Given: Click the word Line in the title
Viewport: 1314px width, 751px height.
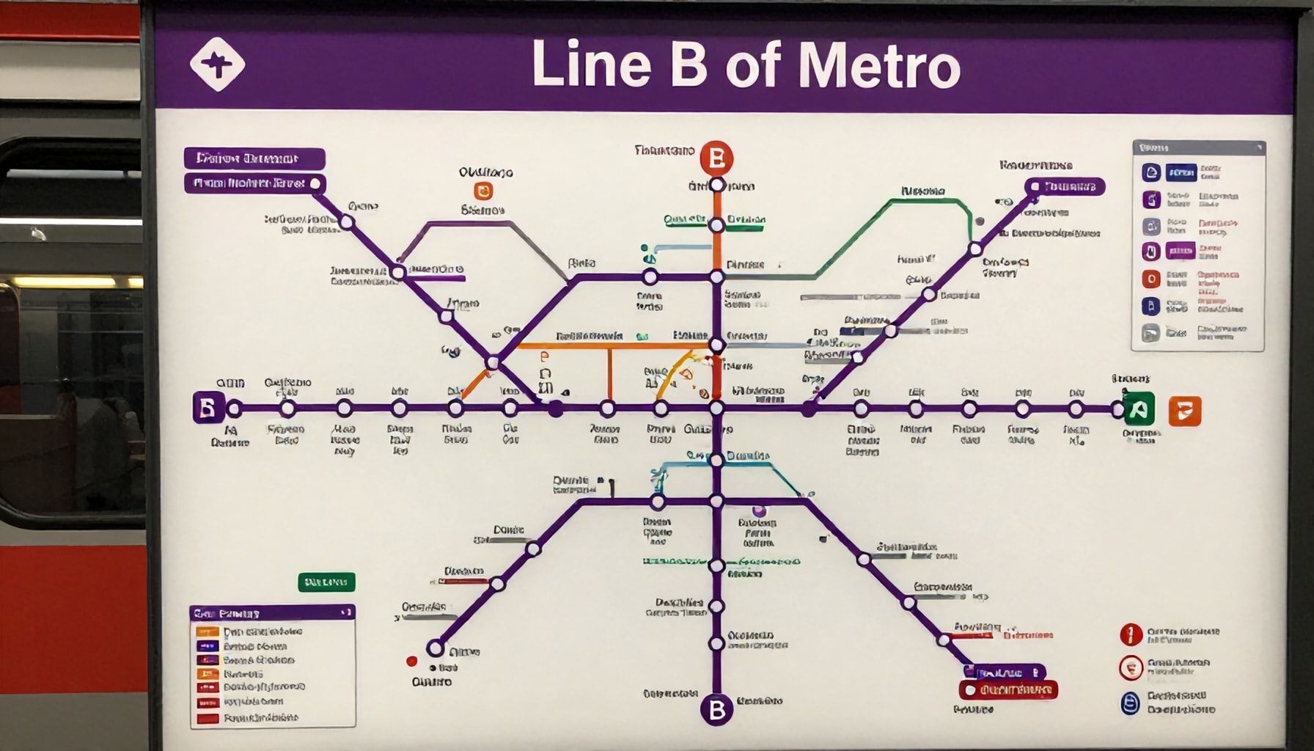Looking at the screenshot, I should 591,65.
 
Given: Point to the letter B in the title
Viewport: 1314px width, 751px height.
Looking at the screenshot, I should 687,65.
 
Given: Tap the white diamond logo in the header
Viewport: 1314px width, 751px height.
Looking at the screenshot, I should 217,65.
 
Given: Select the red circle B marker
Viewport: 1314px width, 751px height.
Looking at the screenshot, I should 716,158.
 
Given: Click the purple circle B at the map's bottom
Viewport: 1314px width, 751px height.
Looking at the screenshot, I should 716,709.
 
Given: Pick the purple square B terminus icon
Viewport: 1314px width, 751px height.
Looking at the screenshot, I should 208,408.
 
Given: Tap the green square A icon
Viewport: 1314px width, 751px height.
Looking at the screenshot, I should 1138,409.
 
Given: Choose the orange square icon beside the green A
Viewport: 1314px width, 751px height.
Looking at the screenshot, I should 1184,411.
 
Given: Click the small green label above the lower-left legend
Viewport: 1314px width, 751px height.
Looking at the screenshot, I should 326,582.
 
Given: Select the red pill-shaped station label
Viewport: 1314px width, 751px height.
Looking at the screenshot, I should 1008,689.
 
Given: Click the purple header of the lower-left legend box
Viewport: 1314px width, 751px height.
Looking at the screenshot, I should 272,613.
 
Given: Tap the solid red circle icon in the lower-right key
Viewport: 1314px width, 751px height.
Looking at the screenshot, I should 1131,634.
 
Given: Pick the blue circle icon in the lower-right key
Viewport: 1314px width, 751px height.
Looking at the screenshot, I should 1131,703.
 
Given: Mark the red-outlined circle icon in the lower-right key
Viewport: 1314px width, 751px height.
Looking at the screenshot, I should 1131,667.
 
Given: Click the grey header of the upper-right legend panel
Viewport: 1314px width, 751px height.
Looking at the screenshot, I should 1198,148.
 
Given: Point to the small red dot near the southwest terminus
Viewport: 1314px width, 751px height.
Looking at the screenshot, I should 411,662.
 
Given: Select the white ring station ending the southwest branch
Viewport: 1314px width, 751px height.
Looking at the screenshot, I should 436,648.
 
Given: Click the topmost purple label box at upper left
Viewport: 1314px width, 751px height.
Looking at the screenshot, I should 254,158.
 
